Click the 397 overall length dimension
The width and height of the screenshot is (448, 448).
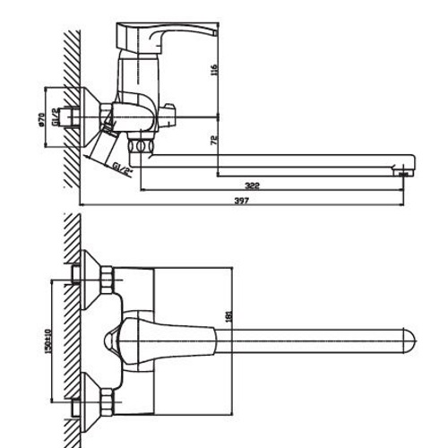240,202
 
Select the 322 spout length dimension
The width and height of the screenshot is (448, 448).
252,185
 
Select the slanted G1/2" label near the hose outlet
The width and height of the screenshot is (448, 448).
122,169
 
